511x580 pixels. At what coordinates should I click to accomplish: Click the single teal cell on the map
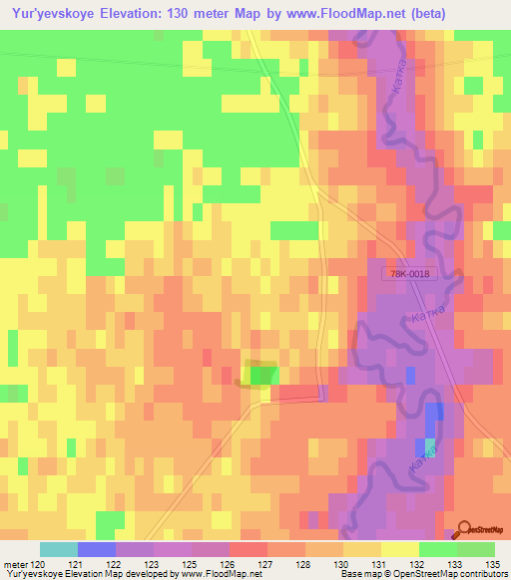pos(430,445)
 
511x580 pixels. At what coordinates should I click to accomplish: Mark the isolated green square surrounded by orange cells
pos(262,374)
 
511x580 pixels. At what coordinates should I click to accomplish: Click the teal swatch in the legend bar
pos(59,549)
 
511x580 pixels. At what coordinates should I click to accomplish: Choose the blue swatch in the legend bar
pos(97,549)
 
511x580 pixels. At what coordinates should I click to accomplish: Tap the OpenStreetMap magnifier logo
pos(465,530)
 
